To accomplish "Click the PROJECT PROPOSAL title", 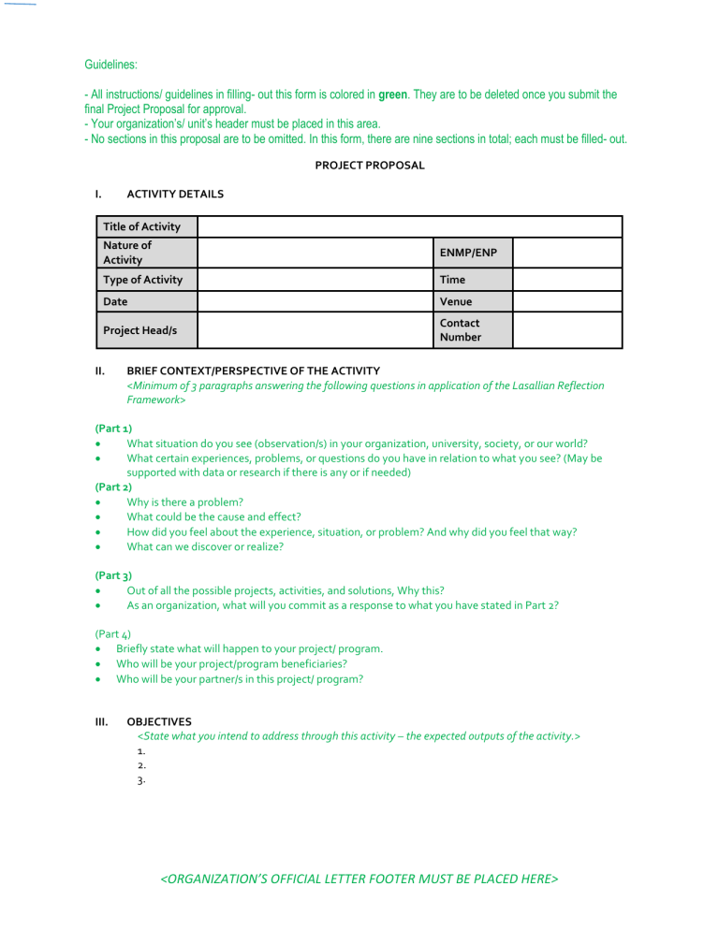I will point(369,166).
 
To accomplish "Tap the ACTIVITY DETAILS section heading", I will point(175,195).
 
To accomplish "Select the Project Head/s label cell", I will point(142,330).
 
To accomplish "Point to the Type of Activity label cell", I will point(142,280).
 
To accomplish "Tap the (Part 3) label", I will point(113,575).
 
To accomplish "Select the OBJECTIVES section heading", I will point(159,722).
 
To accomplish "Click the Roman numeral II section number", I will point(100,371).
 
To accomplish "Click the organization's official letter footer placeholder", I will point(359,879).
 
